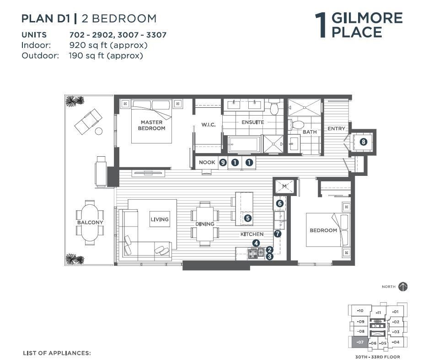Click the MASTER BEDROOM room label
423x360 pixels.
tap(152, 125)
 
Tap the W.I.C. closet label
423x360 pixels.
tap(209, 125)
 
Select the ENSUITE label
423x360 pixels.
tap(253, 122)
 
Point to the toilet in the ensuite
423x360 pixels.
tap(274, 107)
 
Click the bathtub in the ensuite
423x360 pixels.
tap(244, 144)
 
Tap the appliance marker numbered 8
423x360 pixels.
tap(364, 142)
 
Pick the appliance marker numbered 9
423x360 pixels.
tap(223, 163)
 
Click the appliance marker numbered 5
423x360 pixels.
tap(248, 218)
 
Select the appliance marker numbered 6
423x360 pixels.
tap(279, 203)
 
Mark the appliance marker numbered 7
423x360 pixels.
tap(277, 234)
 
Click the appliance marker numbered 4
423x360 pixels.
tap(256, 244)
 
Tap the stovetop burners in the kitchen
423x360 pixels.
tap(256, 253)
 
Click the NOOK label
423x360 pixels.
tap(207, 162)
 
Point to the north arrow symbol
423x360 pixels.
tap(403, 286)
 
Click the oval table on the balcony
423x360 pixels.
tap(90, 222)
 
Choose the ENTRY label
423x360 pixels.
tap(336, 128)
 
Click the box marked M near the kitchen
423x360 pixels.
tap(284, 186)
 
